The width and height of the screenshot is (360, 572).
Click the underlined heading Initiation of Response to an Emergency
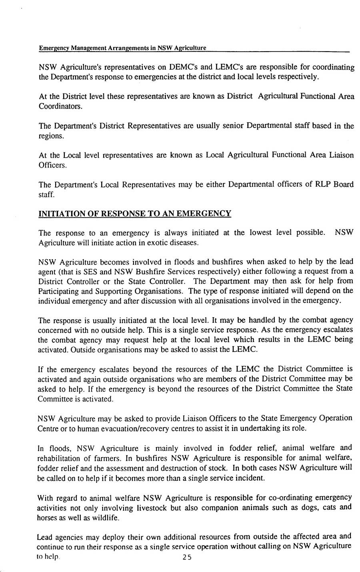point(134,213)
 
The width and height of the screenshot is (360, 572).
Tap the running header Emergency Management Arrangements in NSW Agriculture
point(122,48)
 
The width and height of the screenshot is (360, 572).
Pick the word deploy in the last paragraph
point(108,536)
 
